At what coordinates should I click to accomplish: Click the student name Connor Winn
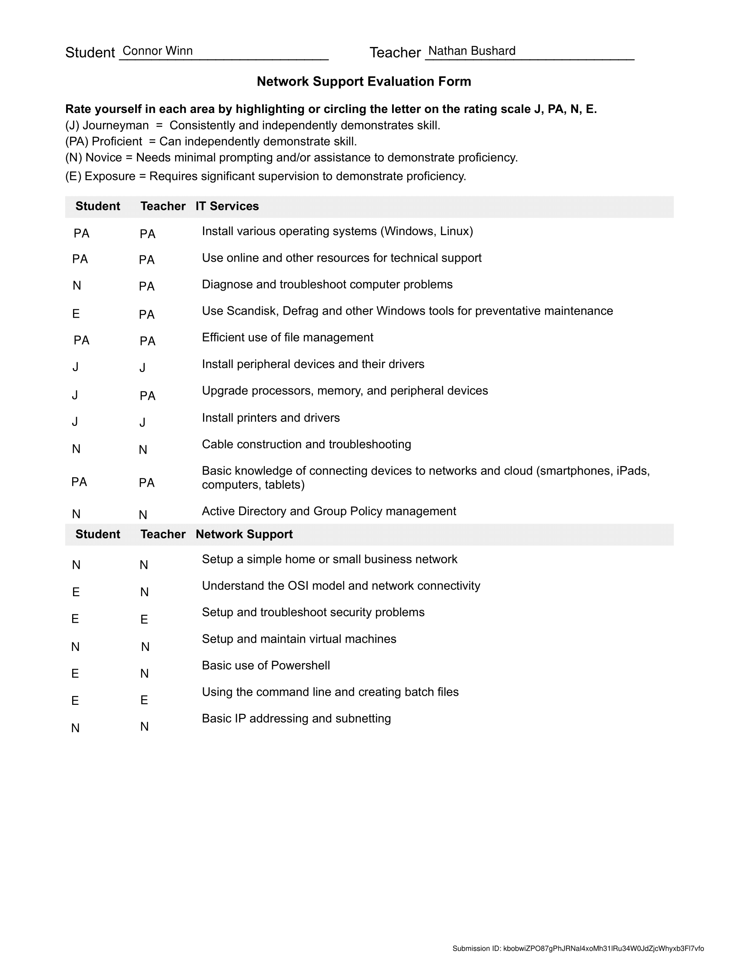(158, 51)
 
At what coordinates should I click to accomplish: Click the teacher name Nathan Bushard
(472, 51)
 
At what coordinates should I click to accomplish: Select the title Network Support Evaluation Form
(364, 81)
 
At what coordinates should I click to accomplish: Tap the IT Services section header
(227, 206)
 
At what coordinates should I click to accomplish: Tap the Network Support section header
(244, 534)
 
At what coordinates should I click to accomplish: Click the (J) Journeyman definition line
(253, 126)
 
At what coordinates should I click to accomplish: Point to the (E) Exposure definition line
(265, 176)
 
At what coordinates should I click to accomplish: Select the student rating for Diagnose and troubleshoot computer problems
(77, 286)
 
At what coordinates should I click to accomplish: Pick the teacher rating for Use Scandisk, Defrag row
(146, 315)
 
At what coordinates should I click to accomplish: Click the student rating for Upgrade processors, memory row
(75, 395)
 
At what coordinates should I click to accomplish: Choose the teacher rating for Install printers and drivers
(142, 422)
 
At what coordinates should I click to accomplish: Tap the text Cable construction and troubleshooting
(306, 444)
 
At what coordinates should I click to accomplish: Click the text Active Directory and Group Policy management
(329, 511)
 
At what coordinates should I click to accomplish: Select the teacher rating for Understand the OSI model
(144, 592)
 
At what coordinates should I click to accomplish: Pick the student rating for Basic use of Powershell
(75, 674)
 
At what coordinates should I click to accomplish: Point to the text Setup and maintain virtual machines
(299, 639)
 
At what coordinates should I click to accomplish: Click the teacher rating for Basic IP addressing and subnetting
(144, 727)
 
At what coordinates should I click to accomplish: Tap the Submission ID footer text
(578, 949)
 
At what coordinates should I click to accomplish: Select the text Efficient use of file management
(287, 338)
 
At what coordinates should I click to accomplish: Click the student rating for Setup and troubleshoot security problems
(75, 619)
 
